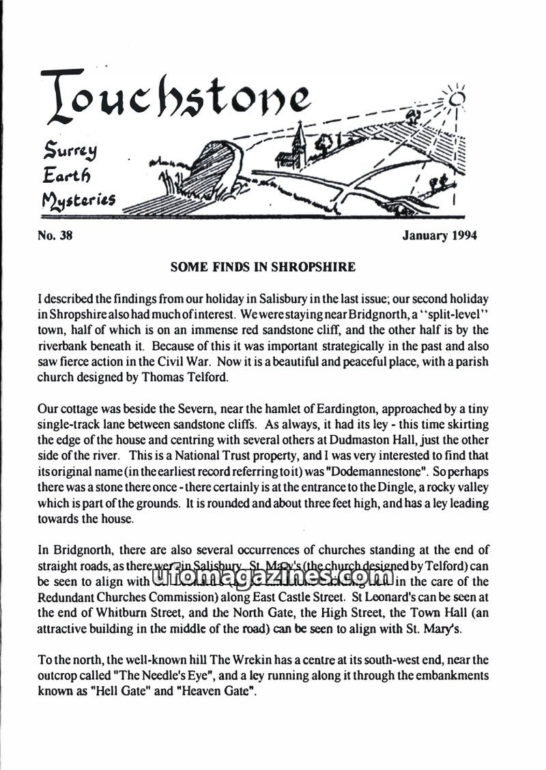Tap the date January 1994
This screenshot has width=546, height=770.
coord(440,236)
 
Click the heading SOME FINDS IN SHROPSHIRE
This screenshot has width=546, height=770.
coord(263,267)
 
